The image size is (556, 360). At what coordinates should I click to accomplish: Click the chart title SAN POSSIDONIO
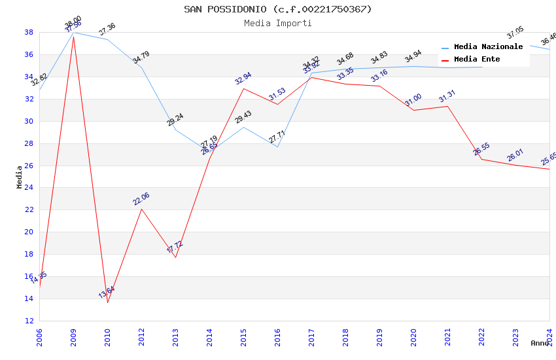click(x=277, y=9)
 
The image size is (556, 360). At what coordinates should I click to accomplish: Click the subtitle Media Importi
click(x=277, y=24)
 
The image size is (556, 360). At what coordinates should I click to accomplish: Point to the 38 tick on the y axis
click(x=29, y=32)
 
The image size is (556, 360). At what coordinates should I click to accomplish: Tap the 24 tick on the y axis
click(x=29, y=188)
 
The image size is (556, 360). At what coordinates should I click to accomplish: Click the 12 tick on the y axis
click(x=29, y=321)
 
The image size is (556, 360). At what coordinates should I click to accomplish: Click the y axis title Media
click(x=20, y=177)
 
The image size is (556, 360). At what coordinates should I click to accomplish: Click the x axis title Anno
click(x=540, y=343)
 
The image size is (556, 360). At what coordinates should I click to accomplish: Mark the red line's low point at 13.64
click(x=107, y=302)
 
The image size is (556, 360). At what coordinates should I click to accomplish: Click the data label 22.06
click(x=141, y=199)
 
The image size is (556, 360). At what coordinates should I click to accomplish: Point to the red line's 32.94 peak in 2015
click(x=243, y=88)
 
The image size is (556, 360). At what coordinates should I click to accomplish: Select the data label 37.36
click(x=107, y=29)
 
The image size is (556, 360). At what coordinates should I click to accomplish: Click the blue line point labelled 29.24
click(x=175, y=130)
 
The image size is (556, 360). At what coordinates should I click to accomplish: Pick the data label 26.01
click(x=515, y=155)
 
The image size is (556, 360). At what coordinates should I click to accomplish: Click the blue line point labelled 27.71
click(x=277, y=147)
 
